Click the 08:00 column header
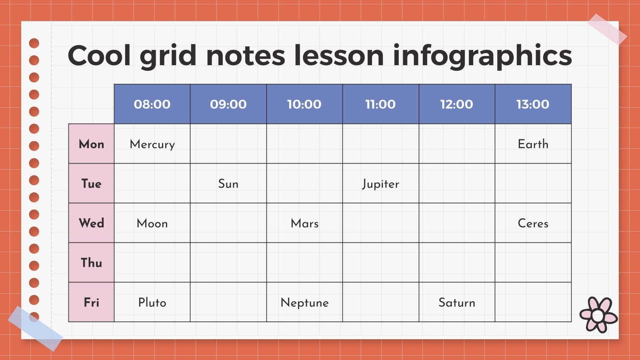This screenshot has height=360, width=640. [x=152, y=104]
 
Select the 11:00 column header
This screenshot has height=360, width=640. [x=380, y=104]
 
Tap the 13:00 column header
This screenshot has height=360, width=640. [x=533, y=104]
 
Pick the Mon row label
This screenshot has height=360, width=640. [x=91, y=144]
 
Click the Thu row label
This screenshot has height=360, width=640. [x=91, y=262]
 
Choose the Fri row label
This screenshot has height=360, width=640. [x=91, y=302]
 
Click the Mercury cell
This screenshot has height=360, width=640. [x=152, y=144]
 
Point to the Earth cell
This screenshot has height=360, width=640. [x=533, y=144]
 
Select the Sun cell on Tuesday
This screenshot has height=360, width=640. [x=228, y=184]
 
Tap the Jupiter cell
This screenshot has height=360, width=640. [x=380, y=184]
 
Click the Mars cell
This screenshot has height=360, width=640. [x=304, y=223]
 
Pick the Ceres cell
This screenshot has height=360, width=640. [x=533, y=223]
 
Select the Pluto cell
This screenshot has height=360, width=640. [x=152, y=302]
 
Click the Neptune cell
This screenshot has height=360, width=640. [x=304, y=302]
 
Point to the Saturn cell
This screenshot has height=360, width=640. [x=457, y=302]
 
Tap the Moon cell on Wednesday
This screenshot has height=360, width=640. [x=152, y=223]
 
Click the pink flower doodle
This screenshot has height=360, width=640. [x=598, y=315]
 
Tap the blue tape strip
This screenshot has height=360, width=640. [x=35, y=328]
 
